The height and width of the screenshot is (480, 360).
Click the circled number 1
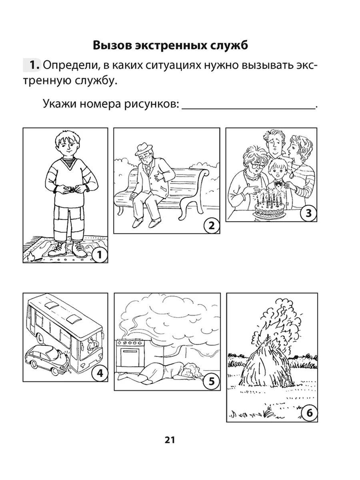[100, 255]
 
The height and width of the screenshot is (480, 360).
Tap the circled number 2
[212, 226]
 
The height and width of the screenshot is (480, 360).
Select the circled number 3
[308, 213]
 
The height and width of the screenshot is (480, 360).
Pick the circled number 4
[100, 373]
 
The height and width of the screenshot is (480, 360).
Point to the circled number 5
[212, 382]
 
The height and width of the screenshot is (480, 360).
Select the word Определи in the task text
[71, 66]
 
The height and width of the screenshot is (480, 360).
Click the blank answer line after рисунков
[248, 108]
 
